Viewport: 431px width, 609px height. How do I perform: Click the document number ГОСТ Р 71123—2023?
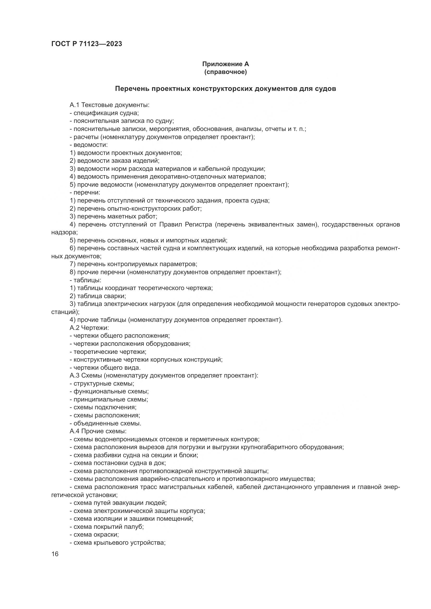pyautogui.click(x=87, y=44)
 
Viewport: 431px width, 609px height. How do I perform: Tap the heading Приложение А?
pyautogui.click(x=225, y=64)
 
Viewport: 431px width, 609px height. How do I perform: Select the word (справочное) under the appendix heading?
pyautogui.click(x=225, y=72)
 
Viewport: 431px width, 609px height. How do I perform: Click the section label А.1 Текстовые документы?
pyautogui.click(x=110, y=105)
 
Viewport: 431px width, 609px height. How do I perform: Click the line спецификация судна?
pyautogui.click(x=106, y=113)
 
